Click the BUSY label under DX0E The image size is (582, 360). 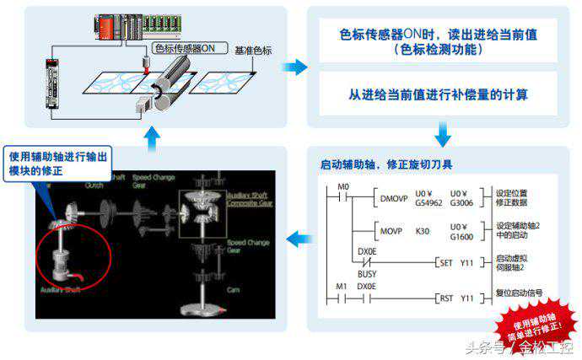(x=366, y=273)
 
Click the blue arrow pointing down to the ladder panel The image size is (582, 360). (x=442, y=133)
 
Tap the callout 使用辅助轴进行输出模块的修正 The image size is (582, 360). (x=58, y=163)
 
